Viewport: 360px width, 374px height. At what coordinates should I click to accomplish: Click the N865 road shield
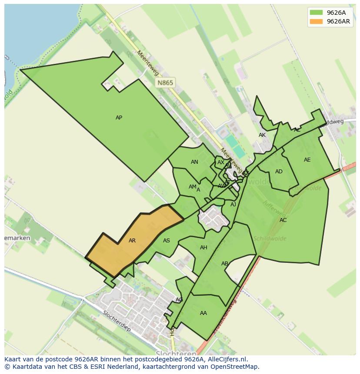(165, 83)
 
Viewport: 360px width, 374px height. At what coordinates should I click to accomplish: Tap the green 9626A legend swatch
(316, 13)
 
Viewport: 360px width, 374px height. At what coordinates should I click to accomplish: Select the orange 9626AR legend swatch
(316, 21)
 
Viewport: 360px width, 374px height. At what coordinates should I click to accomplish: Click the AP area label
(119, 118)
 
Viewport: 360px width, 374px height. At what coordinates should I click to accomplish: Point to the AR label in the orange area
(132, 241)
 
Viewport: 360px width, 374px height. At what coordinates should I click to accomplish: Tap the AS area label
(167, 241)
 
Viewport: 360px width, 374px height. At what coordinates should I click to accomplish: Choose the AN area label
(194, 162)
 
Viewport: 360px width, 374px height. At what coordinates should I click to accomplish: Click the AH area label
(203, 248)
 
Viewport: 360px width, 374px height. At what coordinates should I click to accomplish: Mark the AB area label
(225, 264)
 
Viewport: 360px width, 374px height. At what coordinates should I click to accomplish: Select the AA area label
(203, 313)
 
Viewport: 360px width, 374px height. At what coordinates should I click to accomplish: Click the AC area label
(283, 220)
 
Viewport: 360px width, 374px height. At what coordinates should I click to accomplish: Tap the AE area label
(307, 160)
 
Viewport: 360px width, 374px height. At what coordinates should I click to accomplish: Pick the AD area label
(279, 172)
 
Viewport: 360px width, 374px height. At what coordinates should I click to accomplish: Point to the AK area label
(262, 135)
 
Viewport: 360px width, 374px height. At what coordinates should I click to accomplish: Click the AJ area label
(233, 204)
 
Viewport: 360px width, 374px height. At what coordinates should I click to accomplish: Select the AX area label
(221, 162)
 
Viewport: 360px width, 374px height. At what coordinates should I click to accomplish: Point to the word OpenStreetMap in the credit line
(235, 367)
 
